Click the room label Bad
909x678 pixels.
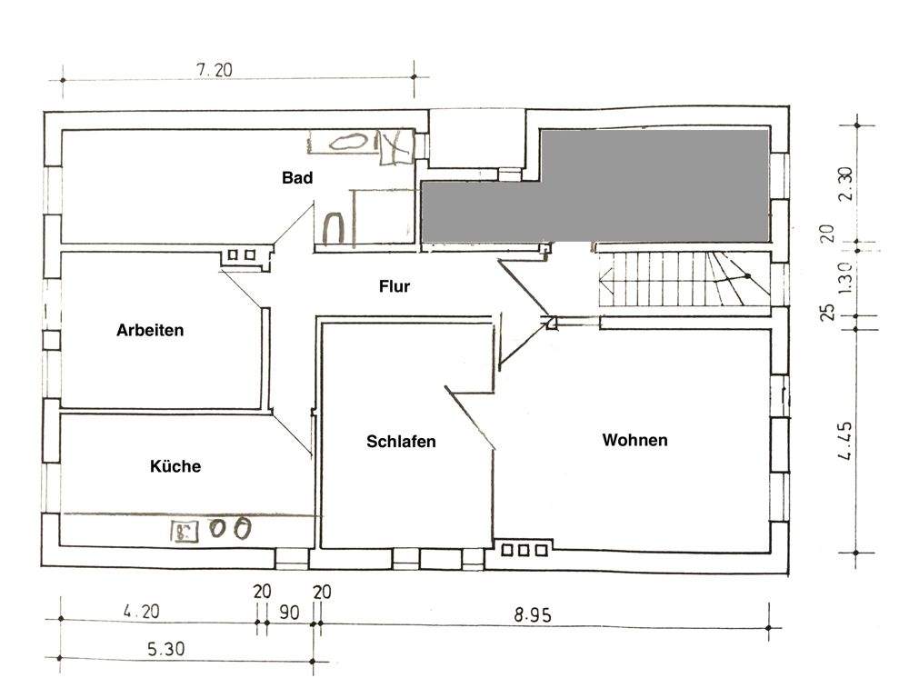297,178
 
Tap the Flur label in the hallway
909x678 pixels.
395,286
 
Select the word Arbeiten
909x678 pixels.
150,330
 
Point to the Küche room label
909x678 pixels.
175,466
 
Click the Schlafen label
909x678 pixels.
401,442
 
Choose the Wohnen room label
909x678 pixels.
634,440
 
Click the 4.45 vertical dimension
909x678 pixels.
845,441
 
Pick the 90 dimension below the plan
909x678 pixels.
288,613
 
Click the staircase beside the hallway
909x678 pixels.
682,280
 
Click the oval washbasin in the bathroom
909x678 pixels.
345,142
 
